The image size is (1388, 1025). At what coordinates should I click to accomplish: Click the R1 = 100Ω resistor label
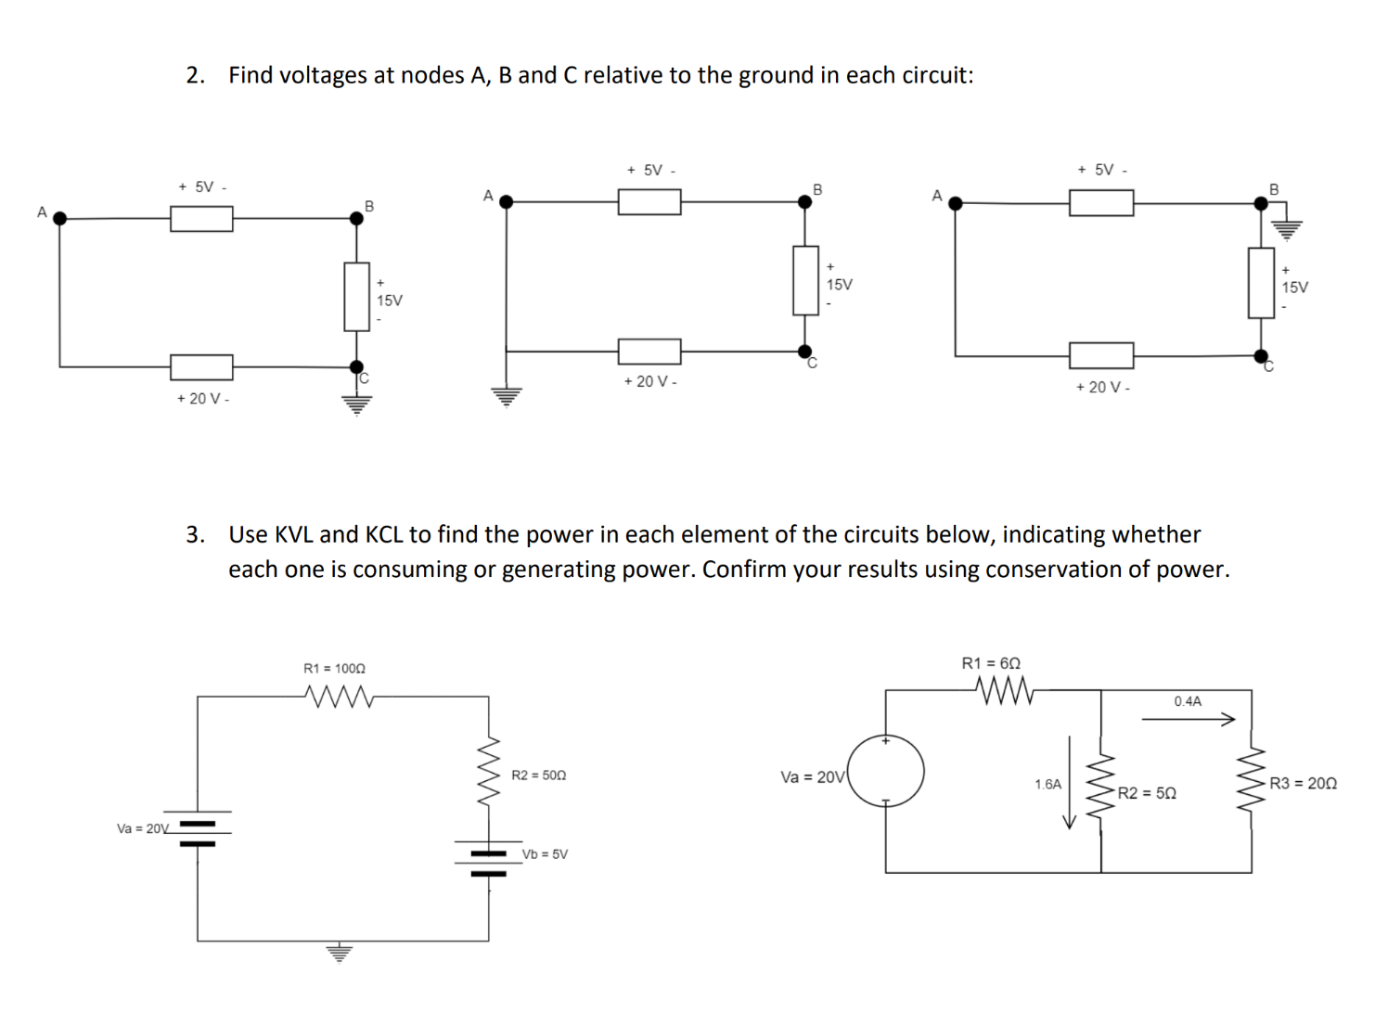[x=334, y=668]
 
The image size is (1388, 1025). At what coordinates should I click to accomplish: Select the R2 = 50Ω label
[x=538, y=775]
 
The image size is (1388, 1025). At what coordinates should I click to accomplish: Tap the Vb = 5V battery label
[x=545, y=854]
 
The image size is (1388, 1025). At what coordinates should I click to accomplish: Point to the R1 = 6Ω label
[x=991, y=663]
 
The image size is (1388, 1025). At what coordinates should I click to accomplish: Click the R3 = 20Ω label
[x=1303, y=784]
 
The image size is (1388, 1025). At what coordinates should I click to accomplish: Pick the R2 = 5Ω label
[x=1147, y=793]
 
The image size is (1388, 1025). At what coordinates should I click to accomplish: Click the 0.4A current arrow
[x=1188, y=718]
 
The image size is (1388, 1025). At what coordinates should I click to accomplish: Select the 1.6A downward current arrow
[x=1069, y=782]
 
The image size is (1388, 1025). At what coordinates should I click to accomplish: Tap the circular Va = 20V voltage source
[x=886, y=771]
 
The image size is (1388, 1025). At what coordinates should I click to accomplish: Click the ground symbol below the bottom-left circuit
[x=340, y=953]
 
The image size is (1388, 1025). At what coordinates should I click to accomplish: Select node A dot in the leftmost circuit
[x=60, y=219]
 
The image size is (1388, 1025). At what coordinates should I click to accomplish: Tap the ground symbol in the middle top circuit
[x=506, y=397]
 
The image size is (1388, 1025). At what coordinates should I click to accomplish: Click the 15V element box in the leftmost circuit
[x=356, y=296]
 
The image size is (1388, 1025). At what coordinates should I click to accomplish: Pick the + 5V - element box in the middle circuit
[x=649, y=201]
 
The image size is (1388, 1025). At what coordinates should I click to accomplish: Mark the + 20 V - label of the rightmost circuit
[x=1102, y=387]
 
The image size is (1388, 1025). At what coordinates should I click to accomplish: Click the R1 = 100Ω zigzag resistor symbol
[x=338, y=696]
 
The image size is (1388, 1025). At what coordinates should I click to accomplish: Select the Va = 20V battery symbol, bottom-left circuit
[x=197, y=832]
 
